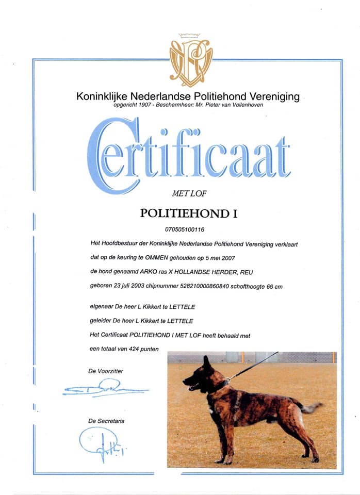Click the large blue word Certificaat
click(189, 155)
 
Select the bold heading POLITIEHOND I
click(189, 213)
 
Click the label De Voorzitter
click(106, 371)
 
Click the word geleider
click(99, 321)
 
